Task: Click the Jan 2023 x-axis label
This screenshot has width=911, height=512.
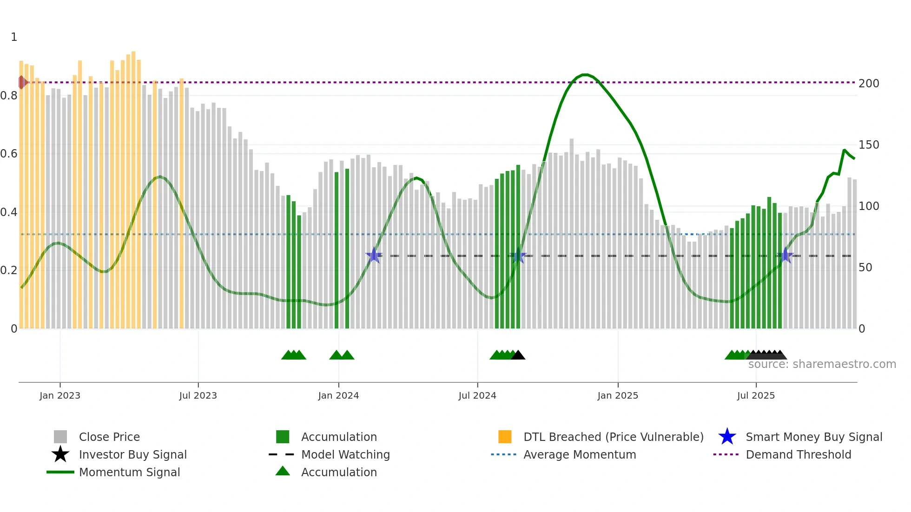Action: (x=60, y=395)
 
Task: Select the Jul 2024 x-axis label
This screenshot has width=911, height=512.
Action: (x=477, y=395)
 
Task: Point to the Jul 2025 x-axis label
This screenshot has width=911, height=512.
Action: (x=756, y=395)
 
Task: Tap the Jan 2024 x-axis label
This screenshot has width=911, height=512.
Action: (x=338, y=395)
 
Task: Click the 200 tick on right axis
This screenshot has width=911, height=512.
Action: (x=869, y=84)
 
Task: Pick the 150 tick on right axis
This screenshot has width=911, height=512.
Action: (x=869, y=145)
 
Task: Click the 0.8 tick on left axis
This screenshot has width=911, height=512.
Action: (x=9, y=96)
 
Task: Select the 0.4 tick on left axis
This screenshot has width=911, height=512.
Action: (x=9, y=212)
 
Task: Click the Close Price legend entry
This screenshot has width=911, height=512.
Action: (x=109, y=437)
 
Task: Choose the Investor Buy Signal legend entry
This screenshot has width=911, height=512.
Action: (x=132, y=454)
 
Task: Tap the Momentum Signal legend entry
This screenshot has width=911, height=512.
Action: (x=129, y=472)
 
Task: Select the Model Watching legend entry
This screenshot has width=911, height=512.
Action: (x=345, y=454)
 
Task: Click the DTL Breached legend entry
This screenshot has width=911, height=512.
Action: (x=613, y=437)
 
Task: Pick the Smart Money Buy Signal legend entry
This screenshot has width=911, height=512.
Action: (x=814, y=437)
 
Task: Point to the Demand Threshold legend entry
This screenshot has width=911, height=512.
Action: (x=798, y=454)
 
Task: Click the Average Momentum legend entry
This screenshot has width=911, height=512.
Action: (x=580, y=454)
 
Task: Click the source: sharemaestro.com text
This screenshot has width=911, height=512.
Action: (x=822, y=364)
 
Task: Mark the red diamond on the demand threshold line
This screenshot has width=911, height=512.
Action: (x=22, y=82)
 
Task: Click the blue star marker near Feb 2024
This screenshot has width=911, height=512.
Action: (x=374, y=255)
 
